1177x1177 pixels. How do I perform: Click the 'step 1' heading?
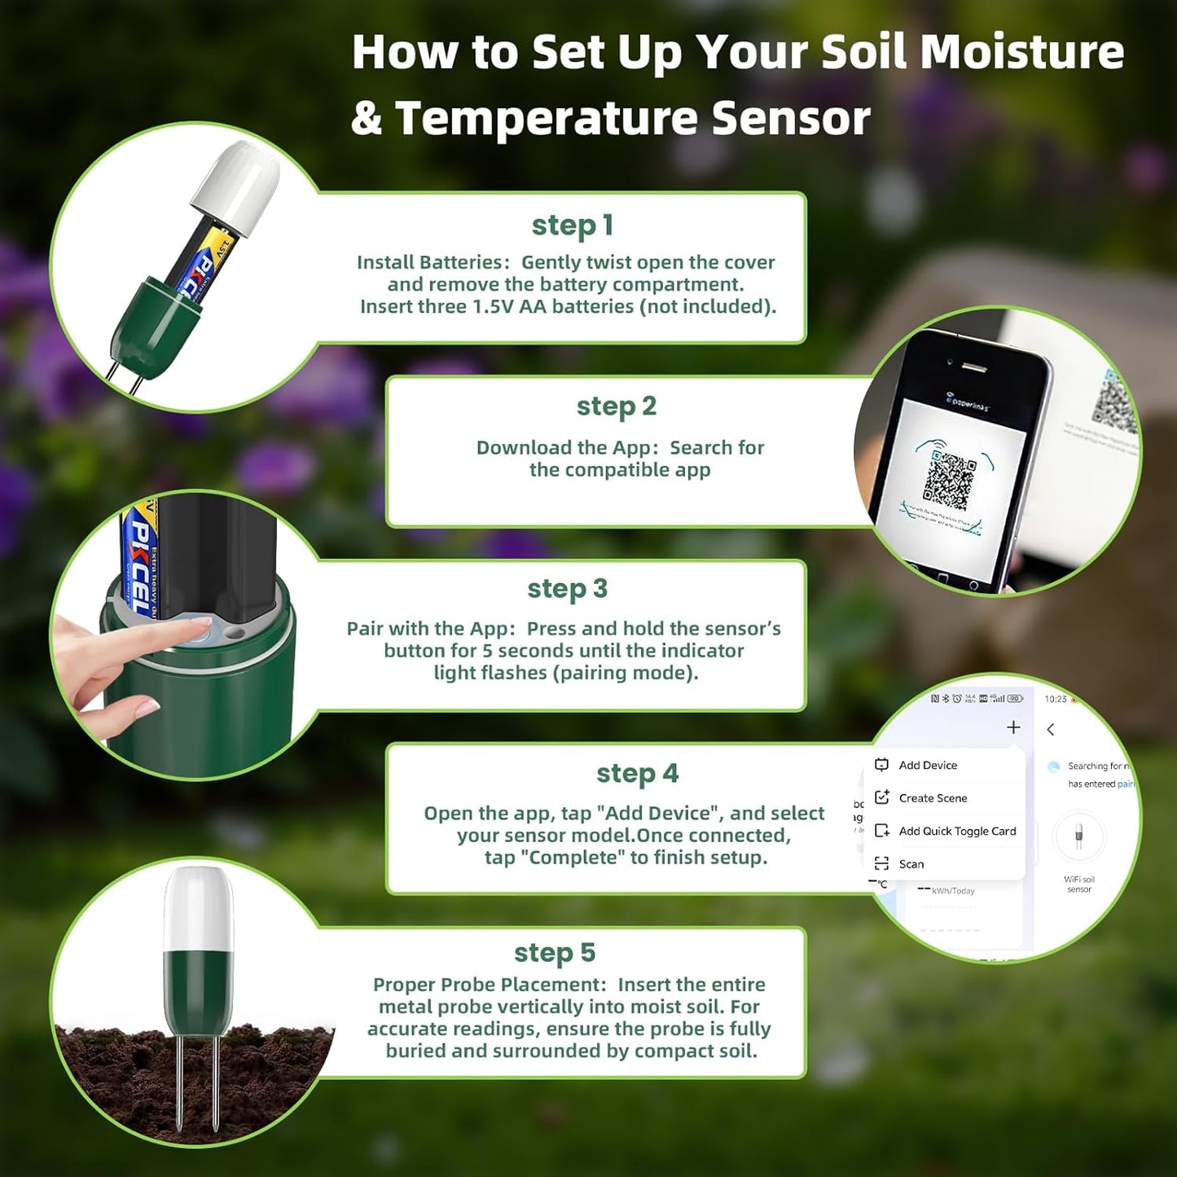pyautogui.click(x=572, y=226)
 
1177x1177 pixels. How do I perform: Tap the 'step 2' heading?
pyautogui.click(x=617, y=406)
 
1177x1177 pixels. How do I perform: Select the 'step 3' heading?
pyautogui.click(x=568, y=588)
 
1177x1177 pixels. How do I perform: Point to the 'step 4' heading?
pyautogui.click(x=637, y=773)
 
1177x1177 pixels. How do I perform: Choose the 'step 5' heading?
pyautogui.click(x=555, y=952)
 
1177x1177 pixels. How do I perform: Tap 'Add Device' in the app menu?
pyautogui.click(x=928, y=765)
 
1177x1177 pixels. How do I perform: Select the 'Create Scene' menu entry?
pyautogui.click(x=933, y=798)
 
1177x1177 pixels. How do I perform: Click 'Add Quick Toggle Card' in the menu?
pyautogui.click(x=957, y=831)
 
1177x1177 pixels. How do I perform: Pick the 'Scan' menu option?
pyautogui.click(x=911, y=864)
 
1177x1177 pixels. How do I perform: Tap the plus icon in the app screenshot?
pyautogui.click(x=1013, y=727)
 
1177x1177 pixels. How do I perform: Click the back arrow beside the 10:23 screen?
pyautogui.click(x=1051, y=730)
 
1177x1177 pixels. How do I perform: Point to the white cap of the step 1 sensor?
pyautogui.click(x=236, y=186)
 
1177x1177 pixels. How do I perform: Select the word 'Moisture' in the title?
pyautogui.click(x=1021, y=52)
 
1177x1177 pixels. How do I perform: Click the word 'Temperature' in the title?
pyautogui.click(x=546, y=118)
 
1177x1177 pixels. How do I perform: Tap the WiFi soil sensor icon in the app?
pyautogui.click(x=1078, y=837)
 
